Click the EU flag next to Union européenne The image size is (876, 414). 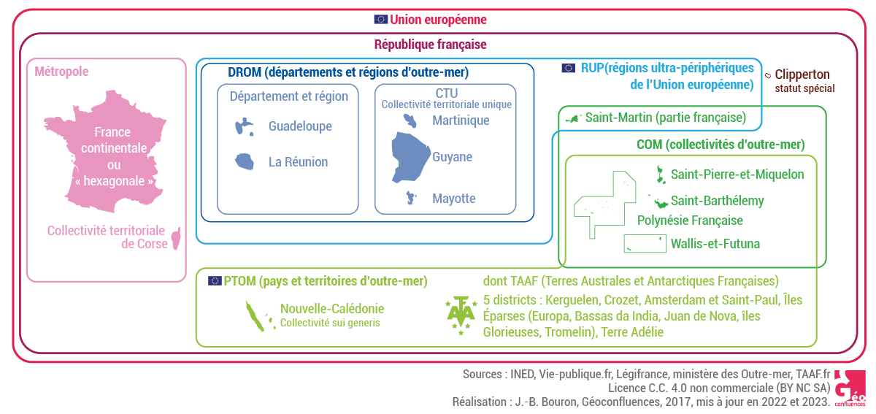pos(380,20)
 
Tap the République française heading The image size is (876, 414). pos(430,45)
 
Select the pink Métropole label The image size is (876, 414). pos(62,72)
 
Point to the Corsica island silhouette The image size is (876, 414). pos(175,239)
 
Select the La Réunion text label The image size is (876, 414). pos(298,162)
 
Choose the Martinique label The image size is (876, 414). pos(461,120)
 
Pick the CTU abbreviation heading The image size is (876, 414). pos(446,93)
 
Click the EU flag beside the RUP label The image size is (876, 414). pos(568,68)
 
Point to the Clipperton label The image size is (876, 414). pos(802,74)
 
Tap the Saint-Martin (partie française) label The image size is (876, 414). pos(665,117)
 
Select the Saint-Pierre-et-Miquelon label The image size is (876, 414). pos(737,175)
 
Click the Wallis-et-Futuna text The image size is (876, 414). pos(715,244)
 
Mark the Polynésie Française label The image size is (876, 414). pos(690,221)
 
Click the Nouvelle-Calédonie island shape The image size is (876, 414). pos(258,316)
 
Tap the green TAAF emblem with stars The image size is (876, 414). pos(461,316)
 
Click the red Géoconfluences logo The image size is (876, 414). pos(849,387)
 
